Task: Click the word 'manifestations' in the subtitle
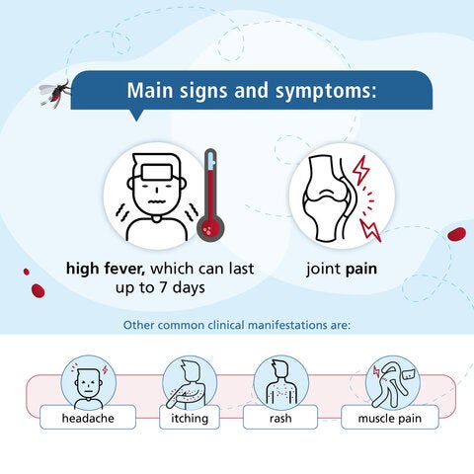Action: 319,323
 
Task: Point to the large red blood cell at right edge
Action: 456,234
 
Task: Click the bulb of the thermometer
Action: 208,225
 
